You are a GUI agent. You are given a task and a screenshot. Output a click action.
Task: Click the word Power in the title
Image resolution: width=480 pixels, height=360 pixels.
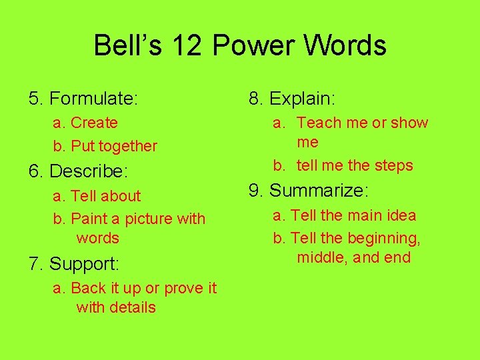click(x=253, y=46)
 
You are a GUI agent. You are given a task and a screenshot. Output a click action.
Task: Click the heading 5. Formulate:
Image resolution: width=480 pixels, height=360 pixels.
click(x=83, y=99)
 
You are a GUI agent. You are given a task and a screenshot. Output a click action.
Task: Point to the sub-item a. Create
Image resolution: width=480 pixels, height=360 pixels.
click(x=85, y=123)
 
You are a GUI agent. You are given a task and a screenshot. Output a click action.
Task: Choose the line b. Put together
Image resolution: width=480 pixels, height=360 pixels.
click(x=105, y=146)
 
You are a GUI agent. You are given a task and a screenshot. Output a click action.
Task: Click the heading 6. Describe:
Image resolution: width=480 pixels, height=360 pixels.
click(x=78, y=171)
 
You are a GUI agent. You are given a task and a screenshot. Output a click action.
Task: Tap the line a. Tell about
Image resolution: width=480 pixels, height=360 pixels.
click(x=97, y=196)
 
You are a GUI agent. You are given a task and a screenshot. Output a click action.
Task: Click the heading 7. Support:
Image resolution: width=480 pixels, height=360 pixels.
click(x=74, y=264)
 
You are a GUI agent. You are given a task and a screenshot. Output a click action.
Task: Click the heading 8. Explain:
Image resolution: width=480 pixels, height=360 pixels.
click(x=292, y=99)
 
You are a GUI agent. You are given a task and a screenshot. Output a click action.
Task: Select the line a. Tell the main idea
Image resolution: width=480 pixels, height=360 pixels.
click(x=345, y=215)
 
